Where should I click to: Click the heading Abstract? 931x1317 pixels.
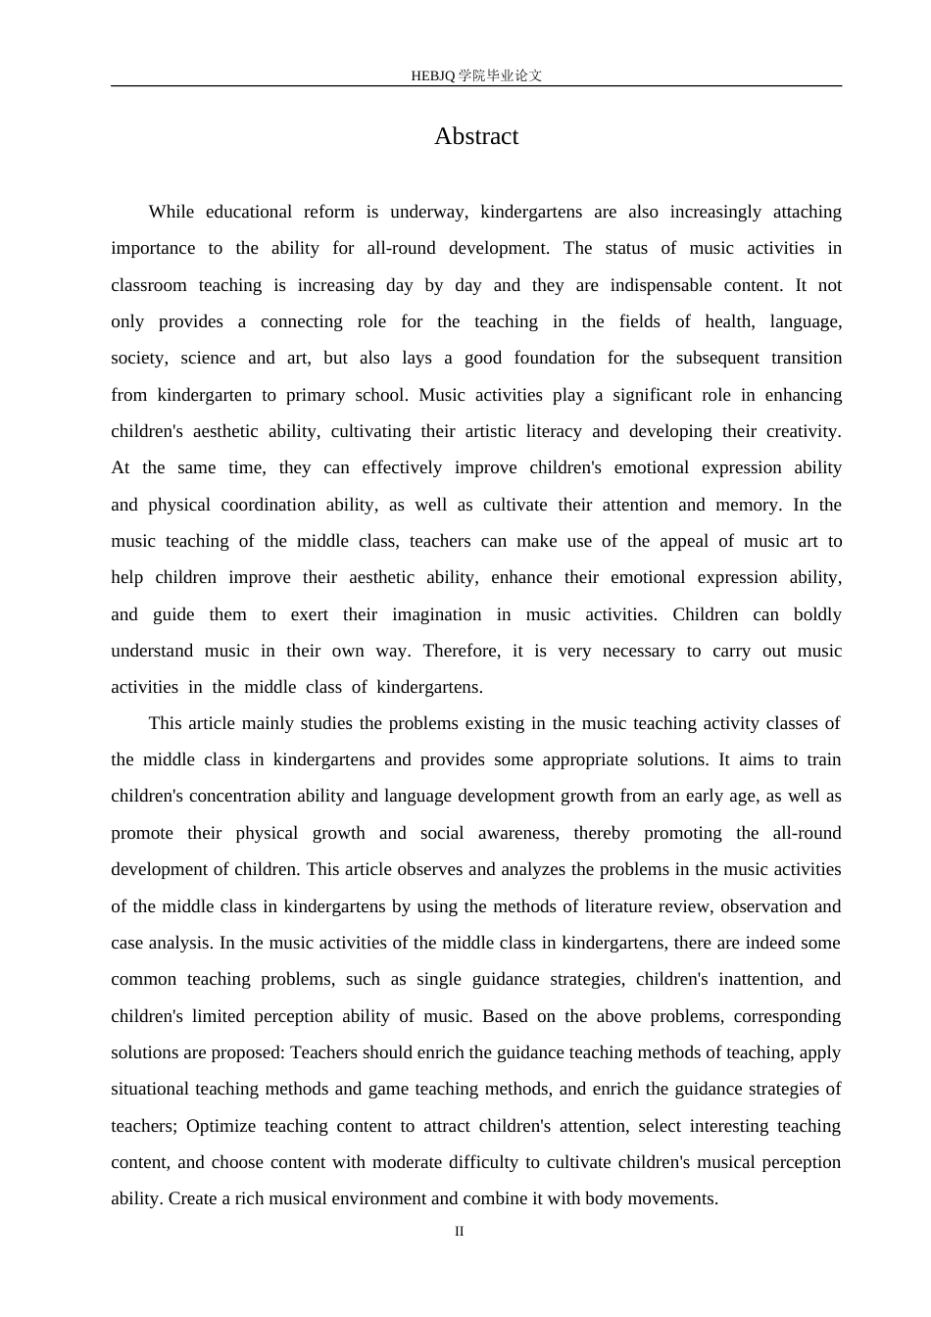pos(476,136)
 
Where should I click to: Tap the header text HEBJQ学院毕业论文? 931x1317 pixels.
pos(476,75)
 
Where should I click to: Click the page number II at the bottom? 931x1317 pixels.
pos(459,1231)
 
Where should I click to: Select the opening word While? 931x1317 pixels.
pos(171,212)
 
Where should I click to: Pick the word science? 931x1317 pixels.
pos(208,358)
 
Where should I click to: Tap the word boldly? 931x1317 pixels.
pos(817,614)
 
